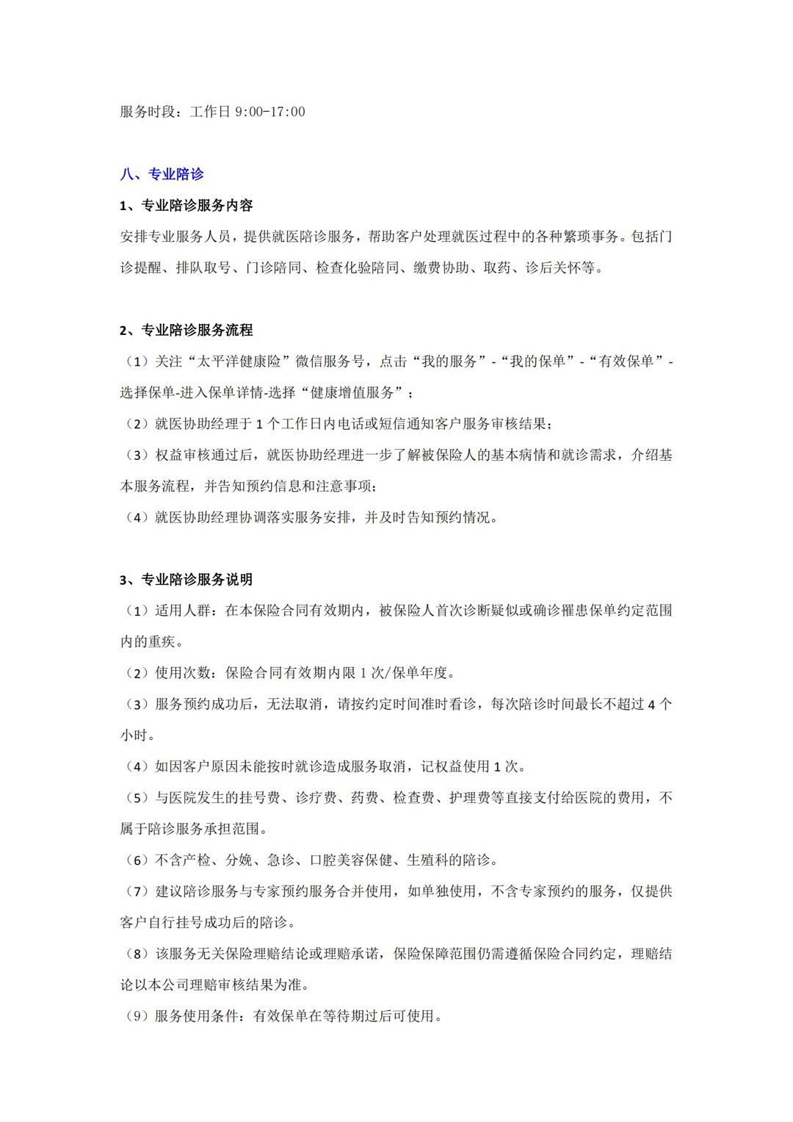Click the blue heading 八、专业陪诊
[x=162, y=174]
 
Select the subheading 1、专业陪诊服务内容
[x=187, y=206]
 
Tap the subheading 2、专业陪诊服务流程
[x=187, y=331]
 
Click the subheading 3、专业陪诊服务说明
[x=187, y=580]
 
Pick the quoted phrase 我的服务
[x=451, y=362]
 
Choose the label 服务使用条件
[x=196, y=1016]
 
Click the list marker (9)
[x=137, y=1016]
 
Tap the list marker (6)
[x=137, y=860]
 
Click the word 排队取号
[x=203, y=268]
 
